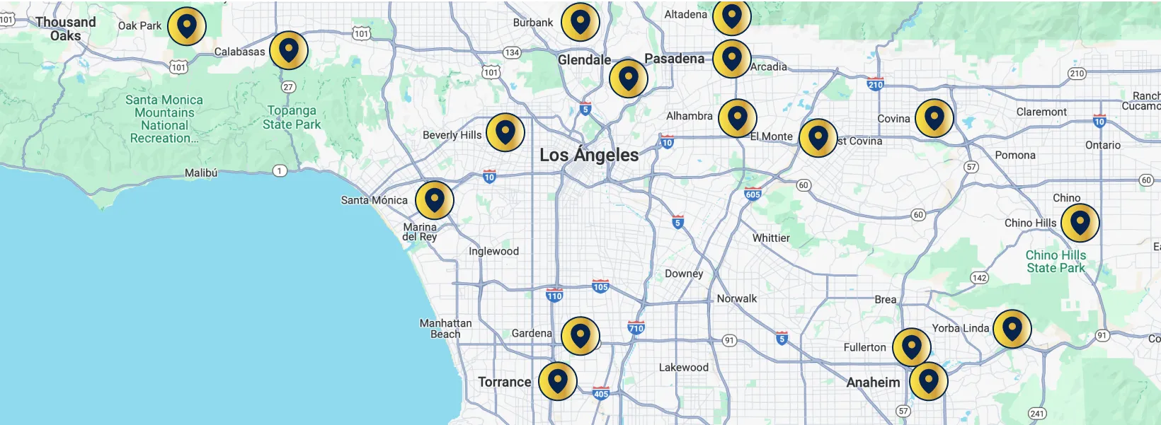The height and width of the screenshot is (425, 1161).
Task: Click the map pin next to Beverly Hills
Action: (505, 132)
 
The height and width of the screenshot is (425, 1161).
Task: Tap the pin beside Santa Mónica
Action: (434, 200)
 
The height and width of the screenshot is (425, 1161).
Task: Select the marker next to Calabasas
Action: (288, 50)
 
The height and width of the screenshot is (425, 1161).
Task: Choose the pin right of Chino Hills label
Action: (1080, 223)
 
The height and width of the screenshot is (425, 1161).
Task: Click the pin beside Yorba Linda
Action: (1012, 329)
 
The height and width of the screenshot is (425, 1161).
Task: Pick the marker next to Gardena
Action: (580, 336)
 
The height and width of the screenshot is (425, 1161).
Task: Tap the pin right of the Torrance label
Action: (557, 381)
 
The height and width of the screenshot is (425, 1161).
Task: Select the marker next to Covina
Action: (934, 118)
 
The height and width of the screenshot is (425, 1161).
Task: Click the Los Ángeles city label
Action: (589, 155)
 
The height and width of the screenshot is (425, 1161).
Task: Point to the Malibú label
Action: (201, 173)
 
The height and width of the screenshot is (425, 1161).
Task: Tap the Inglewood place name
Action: (493, 251)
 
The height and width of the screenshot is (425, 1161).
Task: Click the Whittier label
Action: (771, 238)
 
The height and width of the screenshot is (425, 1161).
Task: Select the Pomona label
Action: (1014, 155)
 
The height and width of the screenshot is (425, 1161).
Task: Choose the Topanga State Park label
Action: (292, 117)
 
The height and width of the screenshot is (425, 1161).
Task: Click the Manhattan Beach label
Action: (445, 328)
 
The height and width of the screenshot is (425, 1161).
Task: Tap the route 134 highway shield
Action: (512, 52)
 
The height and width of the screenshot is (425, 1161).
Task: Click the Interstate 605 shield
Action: (753, 193)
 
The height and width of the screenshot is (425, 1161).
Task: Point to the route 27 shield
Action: (288, 87)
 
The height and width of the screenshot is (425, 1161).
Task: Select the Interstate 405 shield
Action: (601, 393)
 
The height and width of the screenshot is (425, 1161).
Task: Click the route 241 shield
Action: (1037, 414)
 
